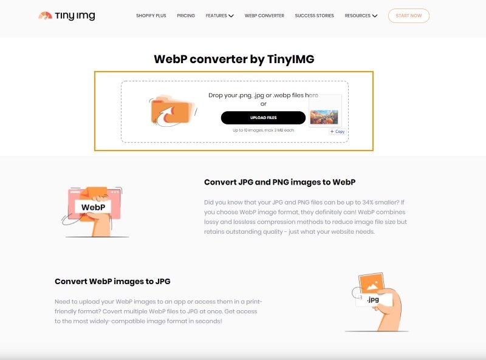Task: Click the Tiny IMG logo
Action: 66,16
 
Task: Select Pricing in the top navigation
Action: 186,16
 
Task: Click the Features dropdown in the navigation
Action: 219,16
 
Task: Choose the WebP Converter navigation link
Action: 264,16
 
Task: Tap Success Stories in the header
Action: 314,16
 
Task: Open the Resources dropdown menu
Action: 361,16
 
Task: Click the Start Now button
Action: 408,16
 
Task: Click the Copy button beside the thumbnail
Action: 337,131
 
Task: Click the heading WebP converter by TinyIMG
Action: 234,59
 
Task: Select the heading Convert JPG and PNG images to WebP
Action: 279,182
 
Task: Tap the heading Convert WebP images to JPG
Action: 112,282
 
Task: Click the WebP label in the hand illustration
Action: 93,207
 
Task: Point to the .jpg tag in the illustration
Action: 372,299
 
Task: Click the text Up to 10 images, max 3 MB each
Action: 263,130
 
